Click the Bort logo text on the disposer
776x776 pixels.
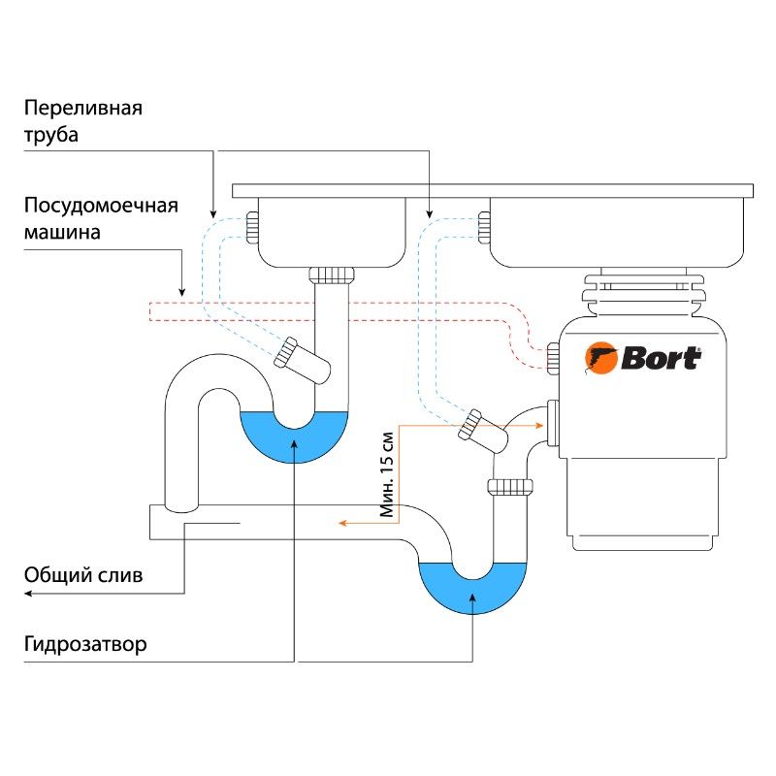click(x=661, y=358)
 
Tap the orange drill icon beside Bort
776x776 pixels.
click(x=601, y=359)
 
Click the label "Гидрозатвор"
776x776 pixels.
click(x=86, y=644)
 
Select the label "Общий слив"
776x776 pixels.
click(x=83, y=574)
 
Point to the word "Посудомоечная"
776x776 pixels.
click(x=101, y=206)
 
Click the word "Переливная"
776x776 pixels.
click(x=83, y=108)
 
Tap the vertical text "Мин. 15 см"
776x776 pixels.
click(x=388, y=472)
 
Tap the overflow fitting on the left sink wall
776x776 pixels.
click(x=251, y=228)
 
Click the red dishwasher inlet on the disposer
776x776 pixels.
click(x=552, y=357)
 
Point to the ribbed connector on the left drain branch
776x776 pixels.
click(x=286, y=352)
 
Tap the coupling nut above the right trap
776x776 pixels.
click(x=509, y=485)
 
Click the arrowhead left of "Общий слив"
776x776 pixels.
click(x=27, y=593)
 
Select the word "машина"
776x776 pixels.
click(x=62, y=234)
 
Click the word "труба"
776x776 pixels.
click(x=50, y=135)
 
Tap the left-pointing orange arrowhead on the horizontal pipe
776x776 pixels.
click(x=341, y=523)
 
